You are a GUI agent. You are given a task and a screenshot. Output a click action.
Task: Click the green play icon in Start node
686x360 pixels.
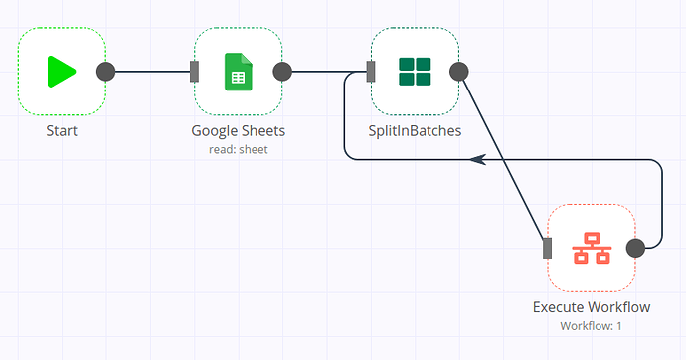point(62,72)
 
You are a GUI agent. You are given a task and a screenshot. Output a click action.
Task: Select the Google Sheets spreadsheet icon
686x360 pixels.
point(238,72)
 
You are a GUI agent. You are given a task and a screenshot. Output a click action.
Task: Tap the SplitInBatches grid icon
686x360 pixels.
point(415,72)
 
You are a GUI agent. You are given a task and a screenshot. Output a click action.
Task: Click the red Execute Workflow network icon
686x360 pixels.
point(592,248)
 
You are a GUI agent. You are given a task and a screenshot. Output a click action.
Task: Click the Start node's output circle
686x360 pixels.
point(105,72)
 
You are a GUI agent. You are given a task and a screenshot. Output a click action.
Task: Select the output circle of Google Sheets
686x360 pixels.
point(282,72)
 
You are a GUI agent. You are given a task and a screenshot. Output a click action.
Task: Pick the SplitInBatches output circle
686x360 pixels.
point(458,72)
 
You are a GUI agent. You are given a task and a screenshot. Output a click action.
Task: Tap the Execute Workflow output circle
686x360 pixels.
point(636,248)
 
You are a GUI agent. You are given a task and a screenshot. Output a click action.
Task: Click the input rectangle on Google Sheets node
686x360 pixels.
point(195,72)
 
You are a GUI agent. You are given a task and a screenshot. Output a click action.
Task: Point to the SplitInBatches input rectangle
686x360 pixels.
point(371,72)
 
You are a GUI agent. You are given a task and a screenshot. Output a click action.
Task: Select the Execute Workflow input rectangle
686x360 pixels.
point(548,248)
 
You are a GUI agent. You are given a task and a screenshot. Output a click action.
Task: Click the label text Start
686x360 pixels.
point(62,130)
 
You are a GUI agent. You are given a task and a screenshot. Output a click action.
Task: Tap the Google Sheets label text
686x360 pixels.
point(238,130)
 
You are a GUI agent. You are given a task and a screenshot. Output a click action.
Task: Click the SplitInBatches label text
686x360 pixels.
point(415,130)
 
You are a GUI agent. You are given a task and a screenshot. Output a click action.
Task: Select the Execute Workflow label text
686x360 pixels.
point(592,306)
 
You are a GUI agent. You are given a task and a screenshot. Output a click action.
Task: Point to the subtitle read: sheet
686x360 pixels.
point(238,149)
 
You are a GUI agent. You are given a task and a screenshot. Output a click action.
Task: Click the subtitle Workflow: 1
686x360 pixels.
point(592,325)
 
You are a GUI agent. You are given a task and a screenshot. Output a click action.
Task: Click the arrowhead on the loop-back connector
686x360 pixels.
point(477,159)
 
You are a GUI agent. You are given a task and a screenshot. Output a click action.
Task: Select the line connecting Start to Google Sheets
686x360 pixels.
point(150,72)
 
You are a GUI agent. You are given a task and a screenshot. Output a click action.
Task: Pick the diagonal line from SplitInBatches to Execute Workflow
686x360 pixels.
point(503,159)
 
